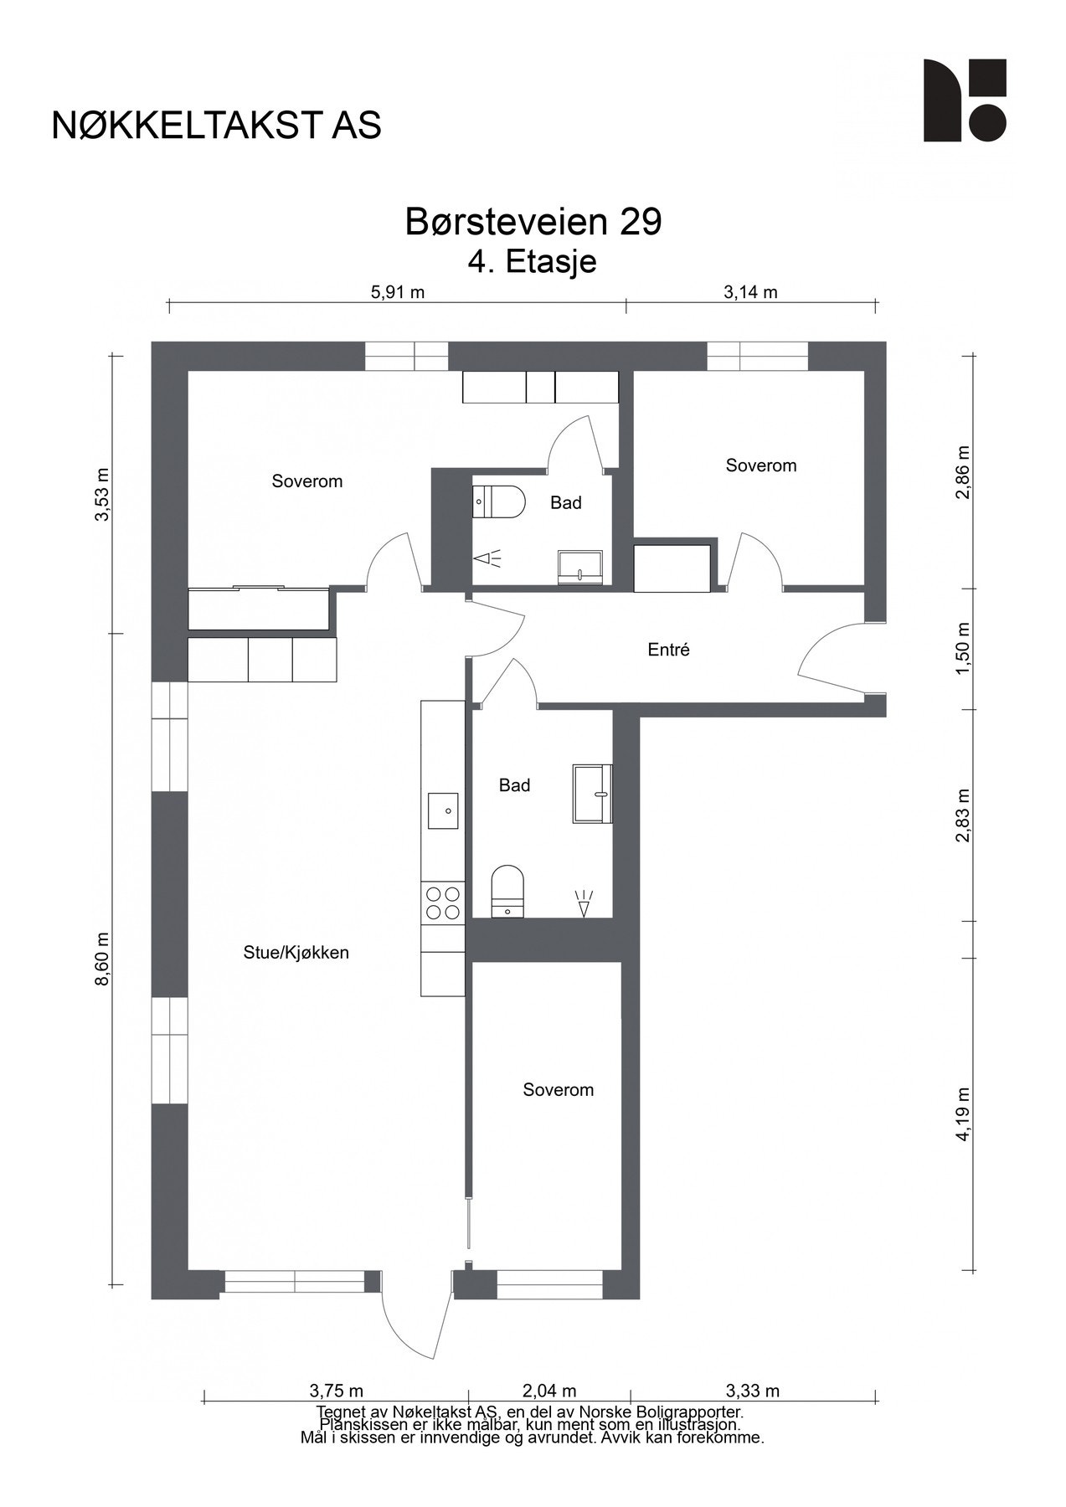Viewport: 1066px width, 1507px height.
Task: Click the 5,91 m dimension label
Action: (397, 292)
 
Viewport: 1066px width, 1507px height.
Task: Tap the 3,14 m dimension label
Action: (750, 292)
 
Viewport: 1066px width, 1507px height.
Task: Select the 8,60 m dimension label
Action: (102, 959)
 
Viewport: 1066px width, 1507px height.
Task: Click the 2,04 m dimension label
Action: (549, 1391)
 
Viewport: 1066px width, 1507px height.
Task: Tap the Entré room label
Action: (669, 650)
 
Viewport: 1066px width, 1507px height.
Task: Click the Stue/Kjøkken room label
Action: (296, 953)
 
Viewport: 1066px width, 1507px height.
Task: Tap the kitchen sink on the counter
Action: (444, 810)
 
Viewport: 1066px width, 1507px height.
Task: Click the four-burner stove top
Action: (443, 903)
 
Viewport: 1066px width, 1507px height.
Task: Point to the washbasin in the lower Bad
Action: (593, 793)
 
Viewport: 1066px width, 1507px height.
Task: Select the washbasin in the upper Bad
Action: (581, 567)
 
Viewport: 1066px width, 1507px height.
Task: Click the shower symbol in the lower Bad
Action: (584, 904)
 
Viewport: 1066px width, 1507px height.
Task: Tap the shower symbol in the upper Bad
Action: (487, 558)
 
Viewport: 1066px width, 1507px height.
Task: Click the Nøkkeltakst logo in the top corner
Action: (965, 100)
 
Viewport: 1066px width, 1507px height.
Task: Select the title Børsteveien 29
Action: (533, 222)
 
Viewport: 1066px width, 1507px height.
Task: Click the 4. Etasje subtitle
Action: (533, 262)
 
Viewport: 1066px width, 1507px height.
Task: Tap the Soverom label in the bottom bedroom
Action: (559, 1090)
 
